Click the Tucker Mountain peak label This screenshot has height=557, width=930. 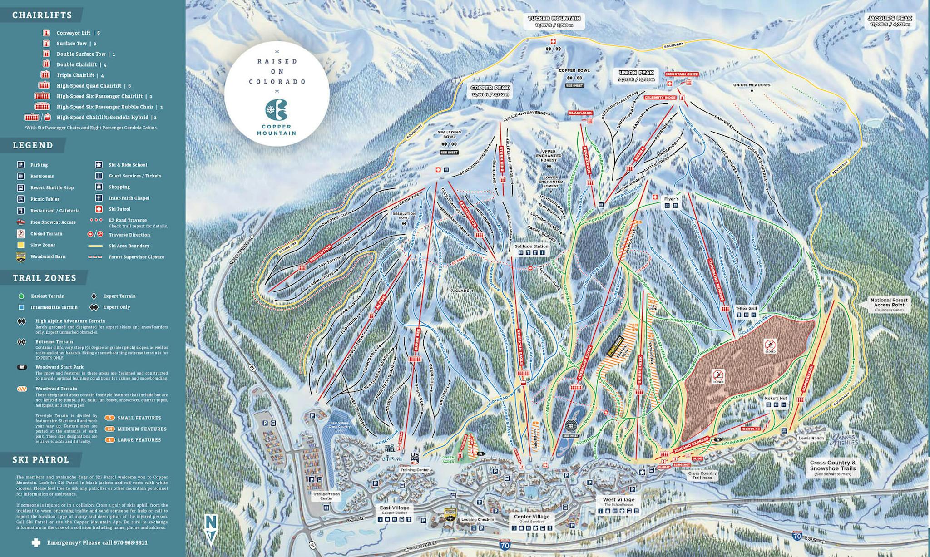pos(554,19)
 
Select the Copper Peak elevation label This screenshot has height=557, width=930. pos(490,95)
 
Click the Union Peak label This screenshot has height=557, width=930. pos(636,73)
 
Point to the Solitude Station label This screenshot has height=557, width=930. pos(531,246)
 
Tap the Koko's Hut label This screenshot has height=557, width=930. pos(776,399)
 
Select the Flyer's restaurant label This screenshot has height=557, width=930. pos(671,199)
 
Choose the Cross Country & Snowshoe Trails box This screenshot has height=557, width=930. pos(832,468)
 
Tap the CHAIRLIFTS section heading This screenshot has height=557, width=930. pos(42,15)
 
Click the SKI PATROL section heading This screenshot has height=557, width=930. pos(41,459)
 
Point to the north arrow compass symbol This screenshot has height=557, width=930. pos(211,529)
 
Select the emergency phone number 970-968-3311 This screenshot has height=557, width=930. pos(122,542)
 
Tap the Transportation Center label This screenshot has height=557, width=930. pos(326,496)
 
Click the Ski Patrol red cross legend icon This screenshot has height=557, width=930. pos(99,209)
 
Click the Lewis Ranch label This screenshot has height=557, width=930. pos(811,438)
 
